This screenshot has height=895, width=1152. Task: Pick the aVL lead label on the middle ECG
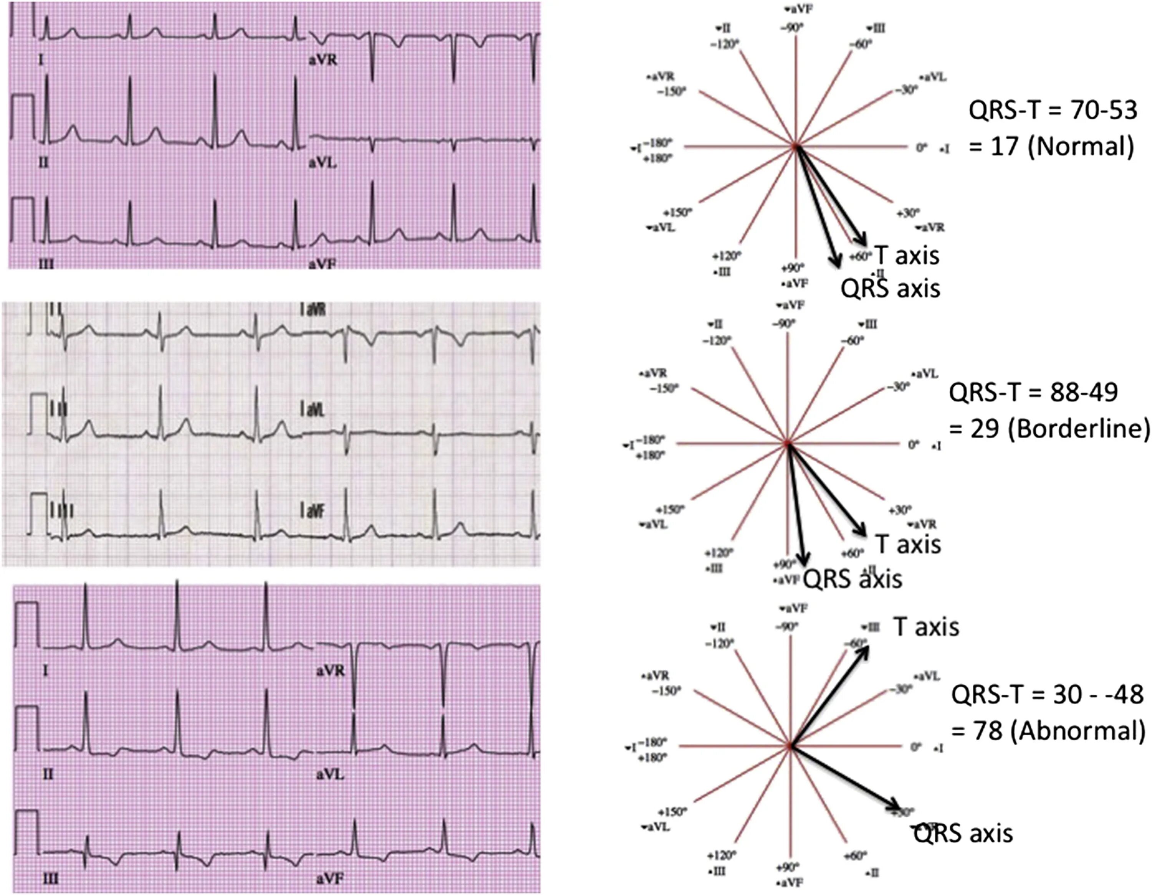click(x=312, y=410)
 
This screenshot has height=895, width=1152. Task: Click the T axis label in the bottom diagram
click(x=926, y=627)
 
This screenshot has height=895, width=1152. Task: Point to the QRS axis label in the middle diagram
click(x=852, y=579)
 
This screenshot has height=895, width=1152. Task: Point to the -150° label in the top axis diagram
click(x=672, y=92)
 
